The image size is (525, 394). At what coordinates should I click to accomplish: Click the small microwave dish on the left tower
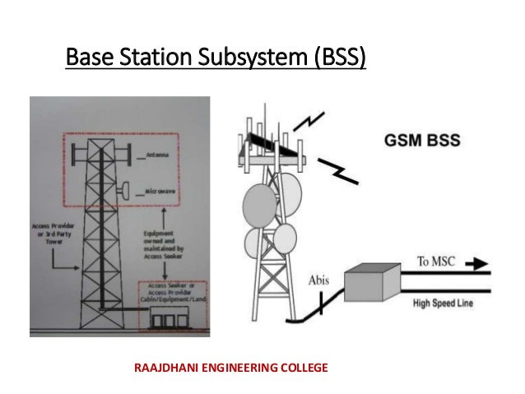pos(125,188)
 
